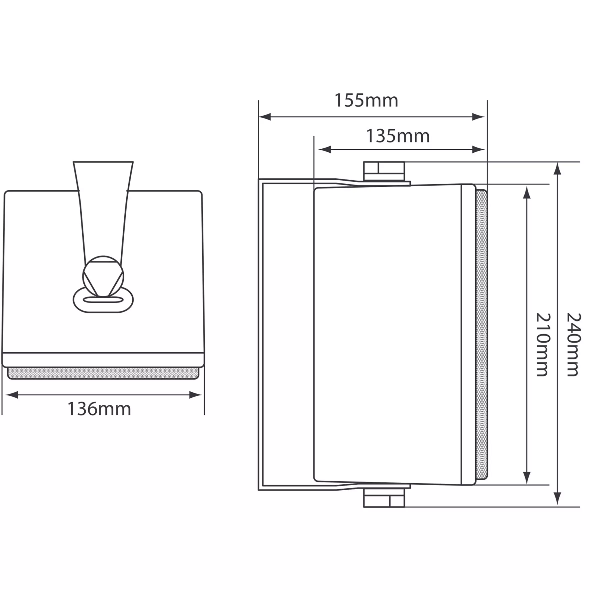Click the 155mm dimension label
coord(366,100)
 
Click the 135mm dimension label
coord(398,136)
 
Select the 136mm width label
coord(99,409)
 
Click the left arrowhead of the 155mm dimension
coord(265,117)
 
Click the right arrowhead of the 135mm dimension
coord(479,150)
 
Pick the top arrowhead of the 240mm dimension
coord(558,169)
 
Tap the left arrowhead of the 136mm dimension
coord(11,395)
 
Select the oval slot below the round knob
coord(103,300)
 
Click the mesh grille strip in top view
coord(103,373)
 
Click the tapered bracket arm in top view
coord(103,208)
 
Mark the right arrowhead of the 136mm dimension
coord(195,395)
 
